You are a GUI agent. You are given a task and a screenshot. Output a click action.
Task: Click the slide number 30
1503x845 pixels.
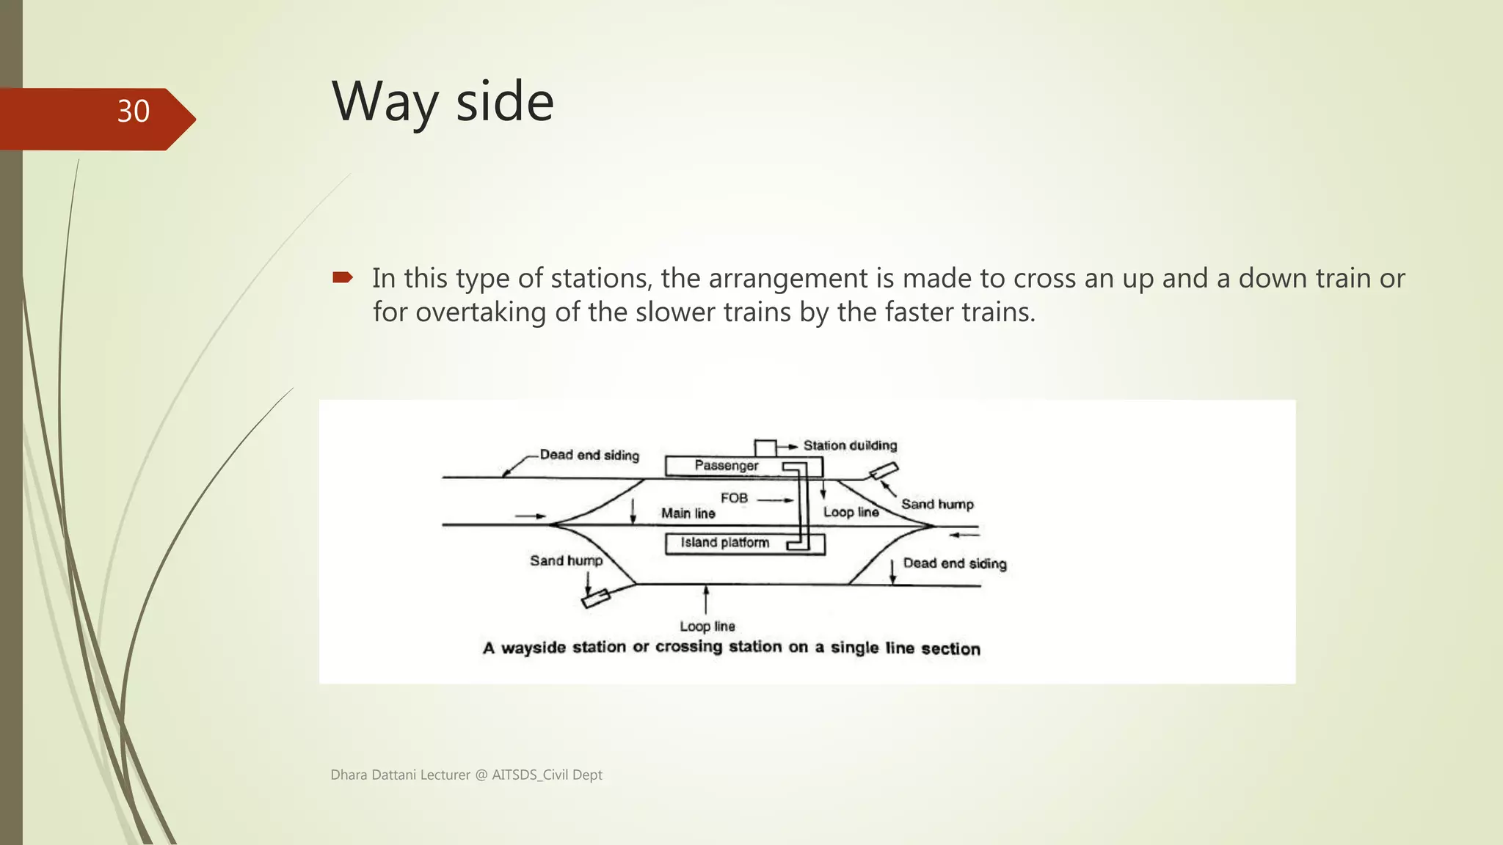tap(134, 111)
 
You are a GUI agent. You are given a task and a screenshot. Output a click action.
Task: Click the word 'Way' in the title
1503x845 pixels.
tap(385, 103)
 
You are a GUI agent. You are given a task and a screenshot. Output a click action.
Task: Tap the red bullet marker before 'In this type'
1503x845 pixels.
tap(342, 277)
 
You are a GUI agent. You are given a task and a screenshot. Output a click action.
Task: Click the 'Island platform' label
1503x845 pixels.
tap(724, 543)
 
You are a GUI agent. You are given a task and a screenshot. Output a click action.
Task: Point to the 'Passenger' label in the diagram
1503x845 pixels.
tap(727, 466)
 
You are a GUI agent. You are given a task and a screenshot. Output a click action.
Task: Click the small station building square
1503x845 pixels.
tap(765, 447)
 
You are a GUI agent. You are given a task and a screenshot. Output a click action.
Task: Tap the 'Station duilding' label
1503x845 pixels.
tap(850, 445)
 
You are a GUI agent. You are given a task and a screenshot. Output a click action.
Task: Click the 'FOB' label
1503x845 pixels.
tap(734, 498)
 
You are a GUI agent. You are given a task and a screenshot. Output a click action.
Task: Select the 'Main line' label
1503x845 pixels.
tap(688, 513)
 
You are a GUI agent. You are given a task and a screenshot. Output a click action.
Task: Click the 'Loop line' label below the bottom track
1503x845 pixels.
tap(707, 626)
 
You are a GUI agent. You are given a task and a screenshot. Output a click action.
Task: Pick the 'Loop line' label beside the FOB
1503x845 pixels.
tap(851, 512)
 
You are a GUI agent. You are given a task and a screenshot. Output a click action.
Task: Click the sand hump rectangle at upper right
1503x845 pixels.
tap(884, 471)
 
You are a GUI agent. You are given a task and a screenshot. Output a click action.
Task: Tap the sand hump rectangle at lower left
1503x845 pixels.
tap(596, 599)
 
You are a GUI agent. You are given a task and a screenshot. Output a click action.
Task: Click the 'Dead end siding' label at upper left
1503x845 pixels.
tap(589, 455)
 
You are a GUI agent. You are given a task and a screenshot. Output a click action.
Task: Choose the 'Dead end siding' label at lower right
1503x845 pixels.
tap(955, 563)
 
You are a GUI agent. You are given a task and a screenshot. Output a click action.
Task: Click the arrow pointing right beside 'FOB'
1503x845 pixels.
tap(776, 500)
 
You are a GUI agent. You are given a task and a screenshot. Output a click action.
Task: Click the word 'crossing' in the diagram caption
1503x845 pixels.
tap(688, 647)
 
